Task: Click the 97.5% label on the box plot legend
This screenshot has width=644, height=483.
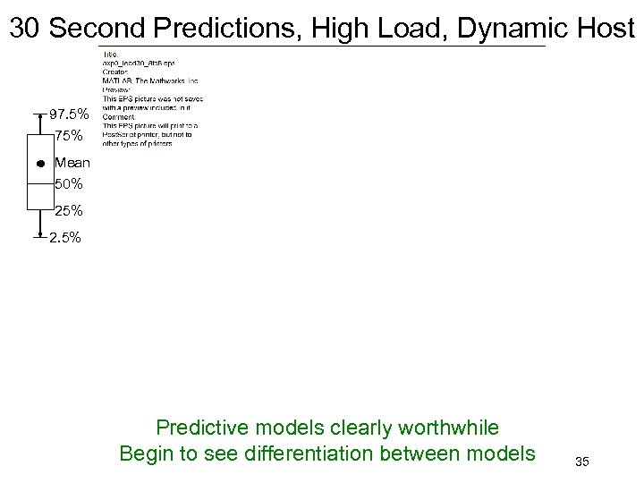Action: pos(70,114)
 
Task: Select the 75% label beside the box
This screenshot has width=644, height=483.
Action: pos(69,136)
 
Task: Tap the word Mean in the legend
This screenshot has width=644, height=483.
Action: pos(72,163)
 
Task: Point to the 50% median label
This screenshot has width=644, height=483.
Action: pos(69,184)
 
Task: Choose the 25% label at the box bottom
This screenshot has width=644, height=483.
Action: pos(69,211)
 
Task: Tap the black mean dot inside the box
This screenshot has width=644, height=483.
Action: pos(41,165)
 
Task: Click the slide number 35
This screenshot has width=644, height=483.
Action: pos(582,462)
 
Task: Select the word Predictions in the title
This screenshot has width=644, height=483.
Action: pos(228,29)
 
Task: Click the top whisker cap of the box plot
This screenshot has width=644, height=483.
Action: pos(41,114)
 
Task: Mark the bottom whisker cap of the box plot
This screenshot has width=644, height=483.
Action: pos(41,238)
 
